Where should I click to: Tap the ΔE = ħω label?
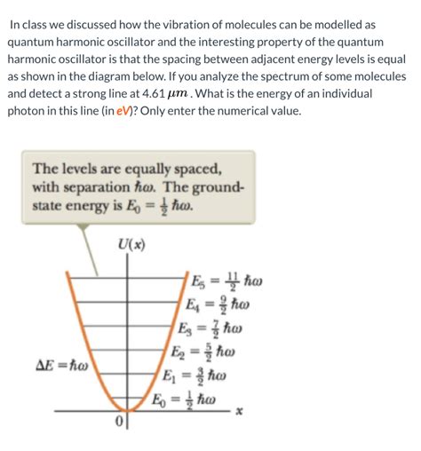(x=53, y=366)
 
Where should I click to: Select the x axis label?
(x=238, y=412)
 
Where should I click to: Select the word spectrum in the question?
(x=283, y=76)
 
